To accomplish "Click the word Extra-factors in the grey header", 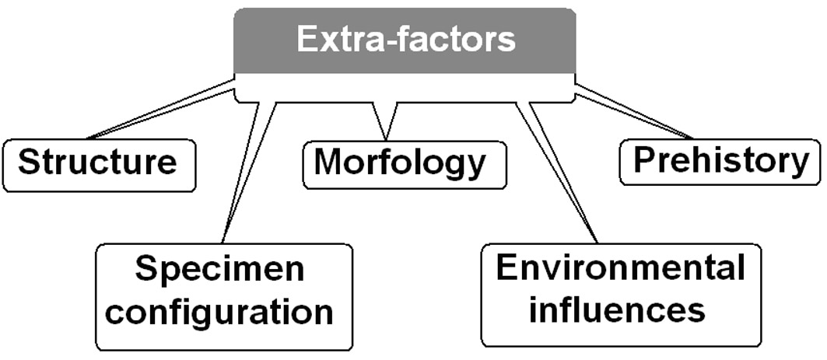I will click(x=405, y=40).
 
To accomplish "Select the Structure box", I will click(x=98, y=164).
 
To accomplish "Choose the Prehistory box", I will click(x=720, y=161).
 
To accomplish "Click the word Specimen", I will click(x=220, y=270).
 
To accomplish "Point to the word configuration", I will click(x=225, y=311).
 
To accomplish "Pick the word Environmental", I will click(x=620, y=269).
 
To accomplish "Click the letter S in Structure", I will click(x=29, y=163).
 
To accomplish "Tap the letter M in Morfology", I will click(x=328, y=163).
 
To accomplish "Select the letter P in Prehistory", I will click(x=645, y=161).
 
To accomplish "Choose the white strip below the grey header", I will click(x=405, y=87).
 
